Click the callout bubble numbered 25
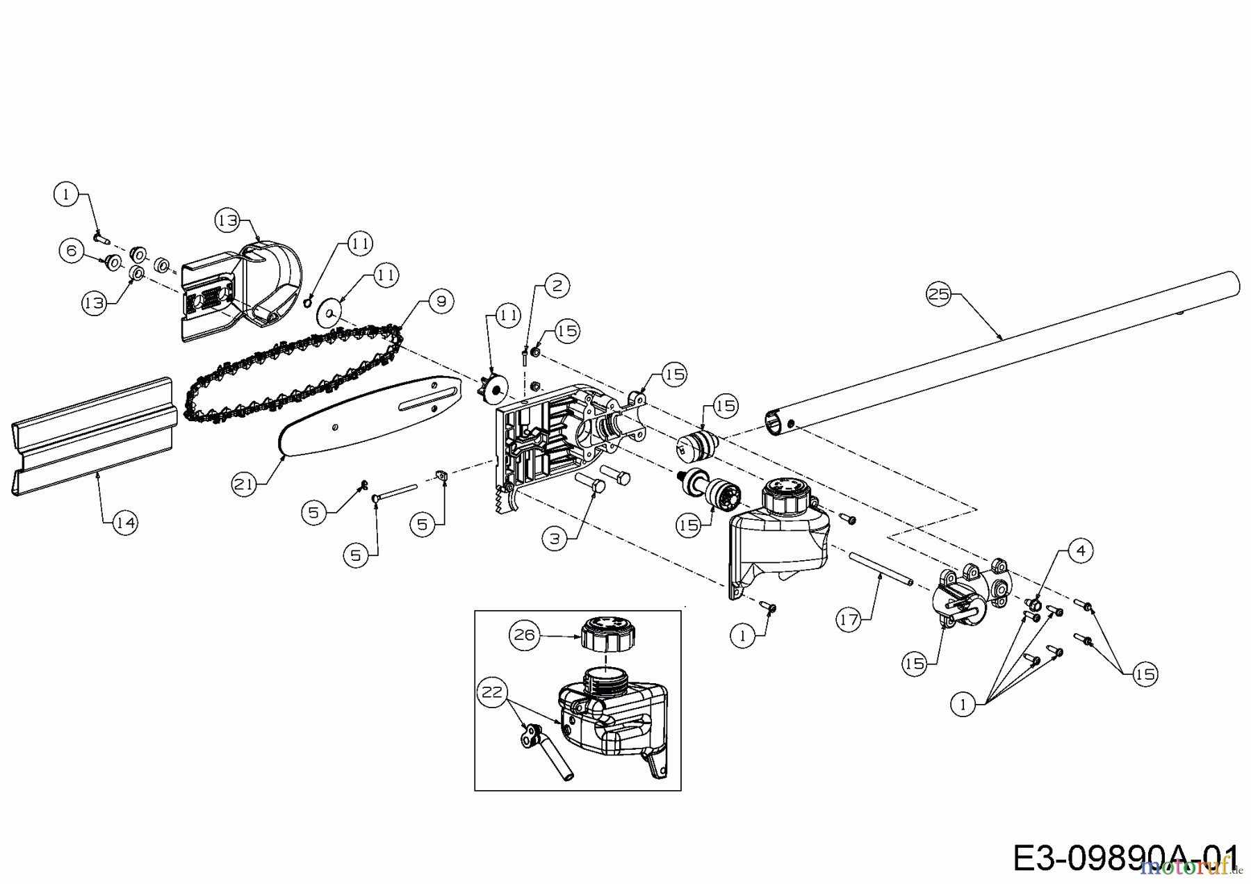pos(939,294)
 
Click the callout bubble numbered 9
pos(441,301)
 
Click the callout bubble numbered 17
pos(849,619)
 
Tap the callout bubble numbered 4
pos(1080,550)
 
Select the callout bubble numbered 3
pos(555,539)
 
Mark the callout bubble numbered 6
pos(72,250)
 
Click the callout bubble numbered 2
pos(557,286)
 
